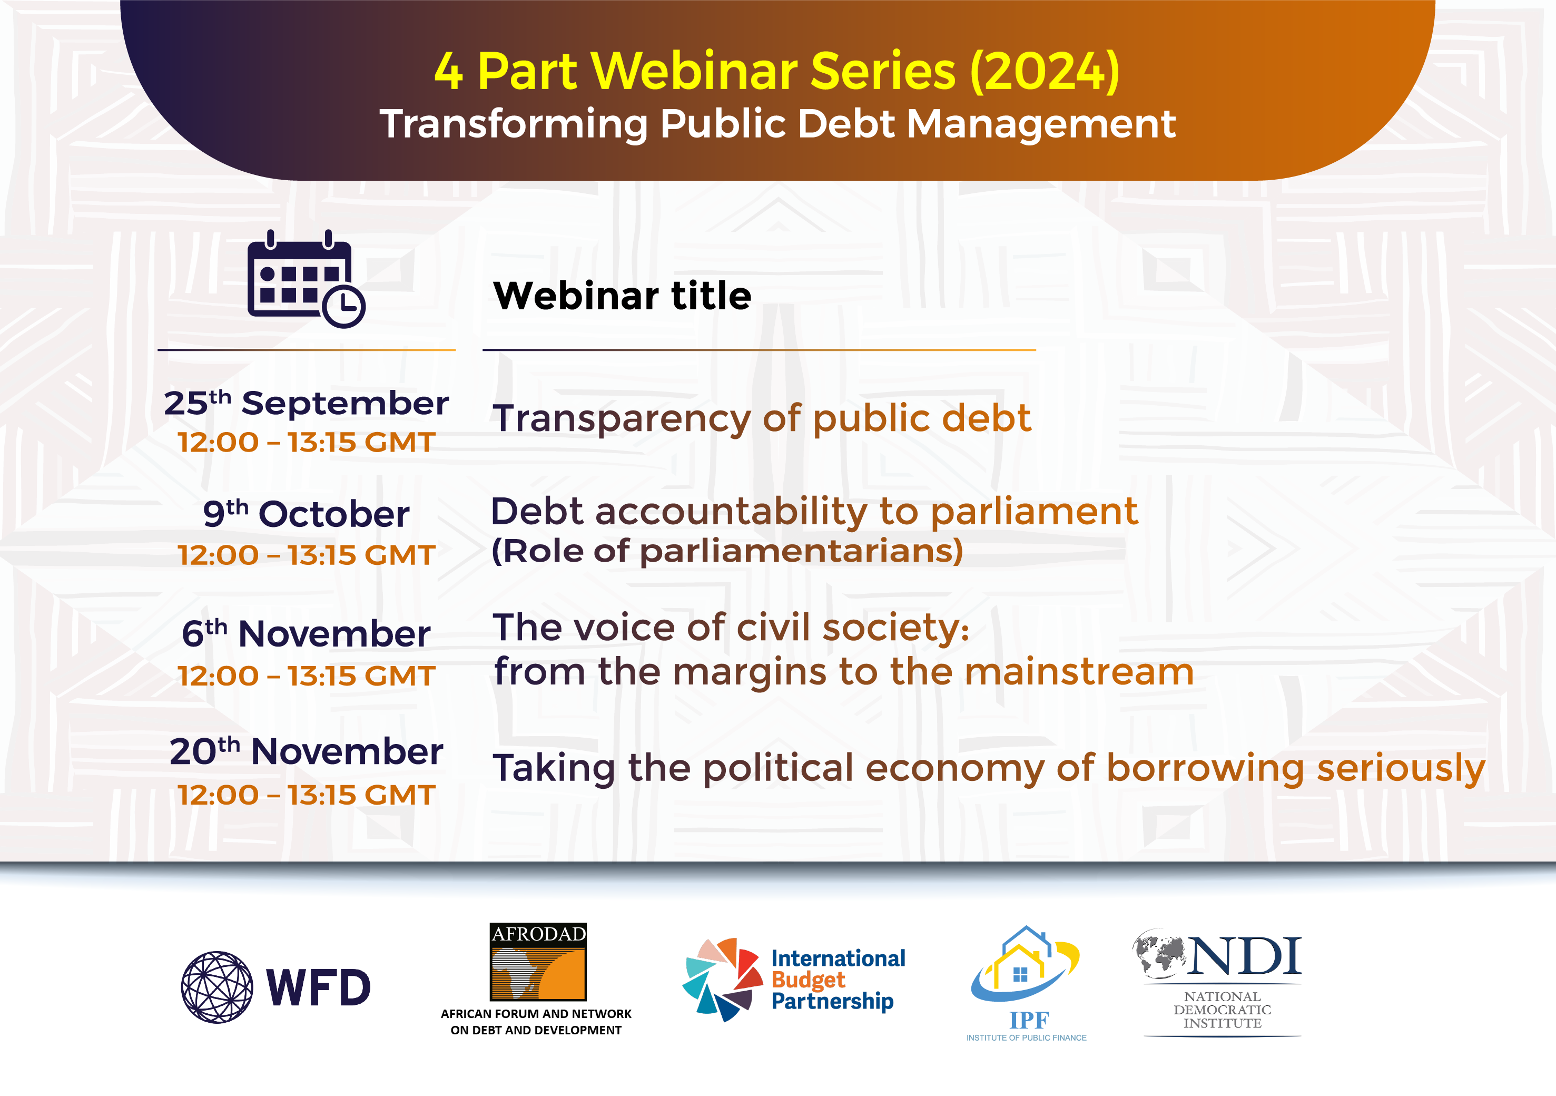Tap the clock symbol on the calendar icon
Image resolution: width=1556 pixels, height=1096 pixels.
click(343, 306)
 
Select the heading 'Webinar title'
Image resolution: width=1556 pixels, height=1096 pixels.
click(622, 296)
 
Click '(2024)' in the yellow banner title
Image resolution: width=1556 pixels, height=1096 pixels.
click(1045, 71)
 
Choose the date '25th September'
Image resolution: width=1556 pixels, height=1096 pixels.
click(307, 403)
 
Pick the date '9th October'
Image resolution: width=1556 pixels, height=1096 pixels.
click(307, 513)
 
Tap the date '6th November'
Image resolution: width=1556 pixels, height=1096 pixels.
click(307, 633)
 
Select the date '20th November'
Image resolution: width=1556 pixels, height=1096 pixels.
click(307, 751)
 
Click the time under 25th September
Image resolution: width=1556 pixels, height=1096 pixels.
click(307, 443)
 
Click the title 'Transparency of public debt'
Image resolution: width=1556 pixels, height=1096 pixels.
click(762, 419)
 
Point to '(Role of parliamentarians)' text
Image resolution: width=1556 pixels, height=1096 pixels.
click(727, 551)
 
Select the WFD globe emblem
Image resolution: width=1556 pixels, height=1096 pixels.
click(217, 987)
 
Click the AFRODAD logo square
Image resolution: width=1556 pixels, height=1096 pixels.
click(538, 962)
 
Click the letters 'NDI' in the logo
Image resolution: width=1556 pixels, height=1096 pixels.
click(1244, 956)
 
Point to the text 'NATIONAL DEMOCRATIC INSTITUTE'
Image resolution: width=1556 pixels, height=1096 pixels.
click(1223, 1010)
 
